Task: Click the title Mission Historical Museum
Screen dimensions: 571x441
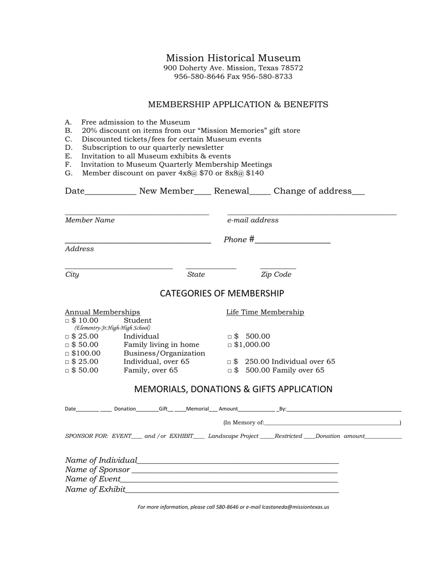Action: click(233, 58)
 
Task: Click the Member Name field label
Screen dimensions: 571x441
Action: click(90, 220)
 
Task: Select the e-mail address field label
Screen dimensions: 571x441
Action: click(253, 220)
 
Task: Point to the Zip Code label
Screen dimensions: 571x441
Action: click(276, 274)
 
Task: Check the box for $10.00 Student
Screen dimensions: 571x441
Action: click(67, 321)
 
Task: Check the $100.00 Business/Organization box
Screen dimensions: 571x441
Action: click(67, 354)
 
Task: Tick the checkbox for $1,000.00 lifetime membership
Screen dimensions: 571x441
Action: click(230, 345)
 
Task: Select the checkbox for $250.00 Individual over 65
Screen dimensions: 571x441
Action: click(230, 362)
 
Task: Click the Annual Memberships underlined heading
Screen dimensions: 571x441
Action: click(102, 312)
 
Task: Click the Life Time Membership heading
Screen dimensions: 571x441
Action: click(265, 312)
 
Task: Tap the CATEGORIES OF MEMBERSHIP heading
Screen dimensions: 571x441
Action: click(222, 293)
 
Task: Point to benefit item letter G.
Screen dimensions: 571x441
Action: click(68, 173)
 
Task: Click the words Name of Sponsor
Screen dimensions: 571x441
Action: click(97, 469)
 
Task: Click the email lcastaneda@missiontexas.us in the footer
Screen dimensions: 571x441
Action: click(295, 507)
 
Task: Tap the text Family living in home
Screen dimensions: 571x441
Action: click(161, 344)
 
